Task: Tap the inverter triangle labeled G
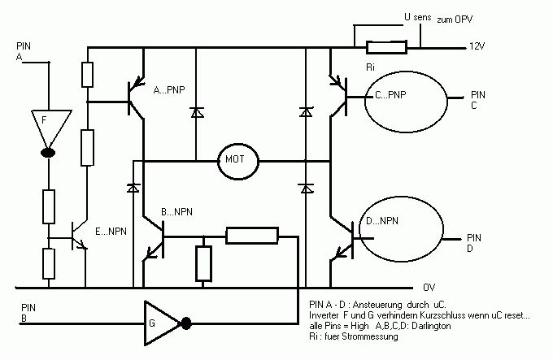point(162,323)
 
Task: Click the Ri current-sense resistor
point(386,47)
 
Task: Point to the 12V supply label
point(477,46)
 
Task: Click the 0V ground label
point(429,288)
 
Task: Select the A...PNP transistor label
point(169,90)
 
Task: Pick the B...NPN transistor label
point(176,212)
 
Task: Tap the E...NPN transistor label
point(111,232)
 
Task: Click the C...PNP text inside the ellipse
point(390,95)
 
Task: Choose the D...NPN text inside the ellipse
point(382,221)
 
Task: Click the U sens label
point(417,17)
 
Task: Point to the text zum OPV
point(455,20)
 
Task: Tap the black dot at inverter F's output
point(48,153)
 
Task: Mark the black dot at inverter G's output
point(186,323)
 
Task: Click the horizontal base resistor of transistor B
point(252,236)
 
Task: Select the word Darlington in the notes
point(431,326)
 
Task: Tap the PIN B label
point(28,313)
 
